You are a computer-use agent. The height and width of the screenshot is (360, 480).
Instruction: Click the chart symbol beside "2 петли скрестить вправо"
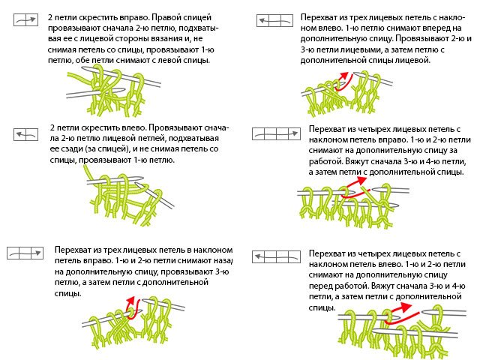tap(25, 22)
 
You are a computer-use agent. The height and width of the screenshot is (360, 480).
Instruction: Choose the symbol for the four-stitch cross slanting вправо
tap(273, 134)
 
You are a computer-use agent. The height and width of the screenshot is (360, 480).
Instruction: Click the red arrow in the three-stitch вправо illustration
tap(130, 306)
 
